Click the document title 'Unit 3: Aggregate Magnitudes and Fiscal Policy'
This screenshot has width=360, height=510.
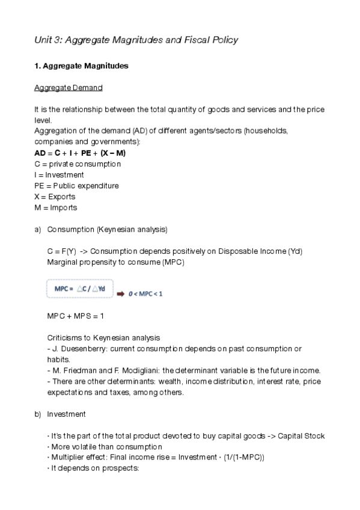136,40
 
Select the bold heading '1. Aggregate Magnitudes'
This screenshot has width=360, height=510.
81,66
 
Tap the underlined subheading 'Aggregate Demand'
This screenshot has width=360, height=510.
68,88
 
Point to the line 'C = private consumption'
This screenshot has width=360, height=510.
78,164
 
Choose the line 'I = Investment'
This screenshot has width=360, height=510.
59,174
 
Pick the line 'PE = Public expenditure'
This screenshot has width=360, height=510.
76,185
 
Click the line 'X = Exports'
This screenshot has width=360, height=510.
55,196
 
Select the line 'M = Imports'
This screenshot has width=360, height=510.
56,207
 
